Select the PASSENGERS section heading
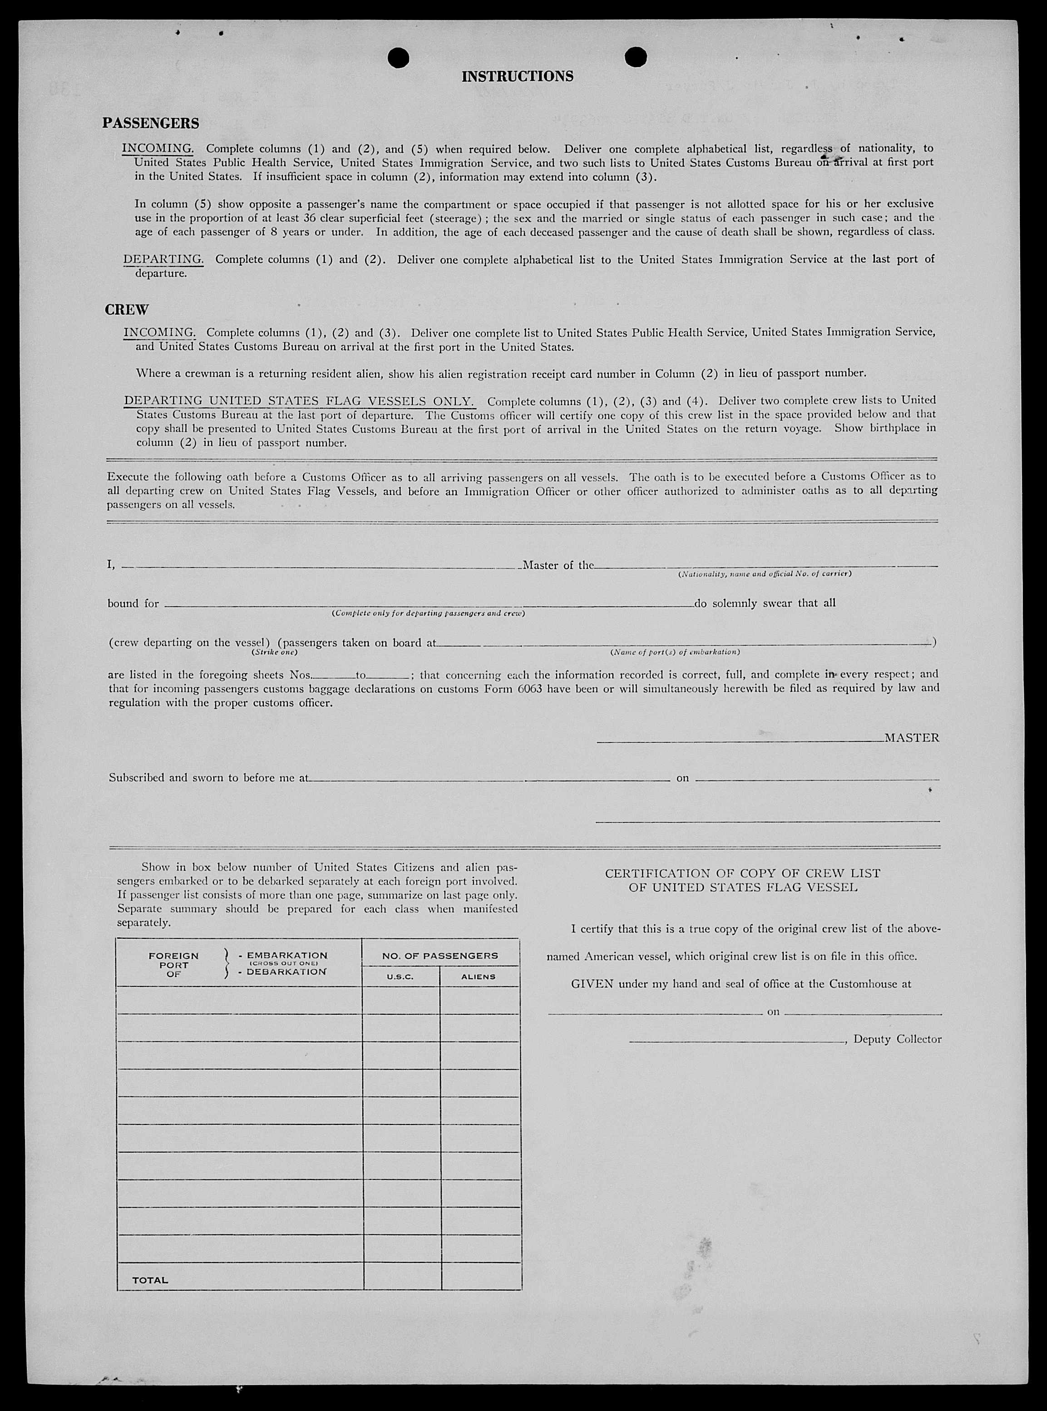coord(151,123)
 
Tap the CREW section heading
coord(127,310)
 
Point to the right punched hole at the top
coord(635,57)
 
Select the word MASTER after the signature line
coord(911,737)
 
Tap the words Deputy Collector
coord(897,1039)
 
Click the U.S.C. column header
coord(400,977)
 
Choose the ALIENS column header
coord(479,977)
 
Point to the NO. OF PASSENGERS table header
coord(440,956)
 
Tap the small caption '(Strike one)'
coord(274,652)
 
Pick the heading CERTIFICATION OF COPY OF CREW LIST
coord(742,873)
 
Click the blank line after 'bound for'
coord(429,605)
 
